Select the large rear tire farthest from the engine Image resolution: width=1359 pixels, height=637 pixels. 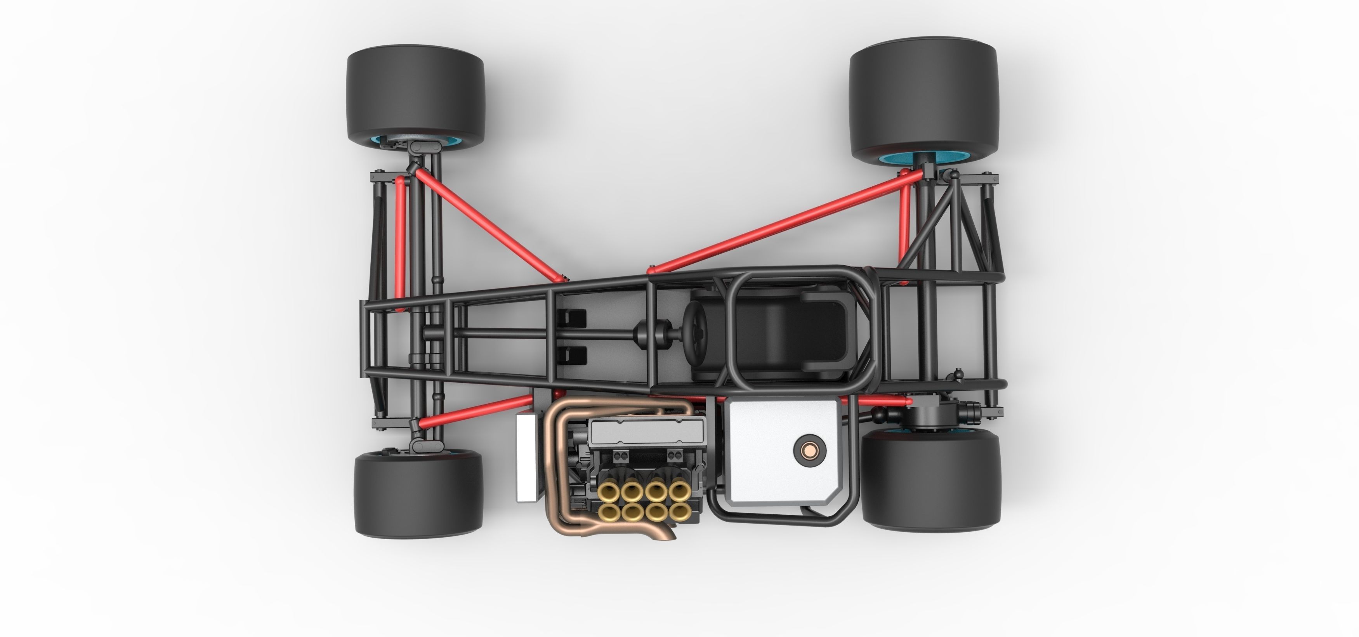click(x=923, y=95)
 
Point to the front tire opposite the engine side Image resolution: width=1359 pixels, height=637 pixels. click(x=415, y=95)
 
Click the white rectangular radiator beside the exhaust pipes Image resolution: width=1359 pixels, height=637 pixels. click(x=526, y=457)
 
